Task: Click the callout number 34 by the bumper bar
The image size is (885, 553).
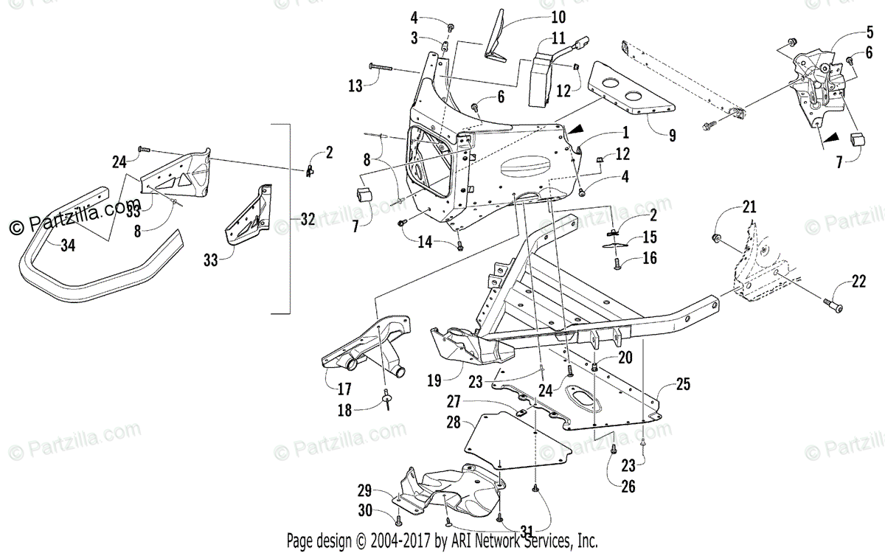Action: tap(68, 246)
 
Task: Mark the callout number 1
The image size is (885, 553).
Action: tap(625, 133)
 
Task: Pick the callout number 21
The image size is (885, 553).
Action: tap(749, 208)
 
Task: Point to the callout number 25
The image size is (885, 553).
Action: tap(683, 384)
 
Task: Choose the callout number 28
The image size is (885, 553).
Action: tap(453, 422)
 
